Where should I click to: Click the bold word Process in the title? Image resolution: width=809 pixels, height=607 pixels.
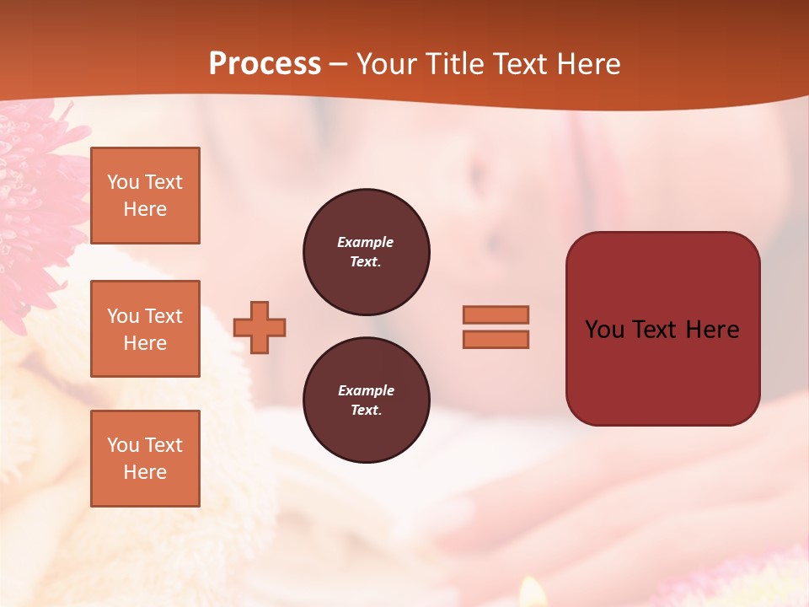point(265,64)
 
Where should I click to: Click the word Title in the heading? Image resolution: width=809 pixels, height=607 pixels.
point(455,64)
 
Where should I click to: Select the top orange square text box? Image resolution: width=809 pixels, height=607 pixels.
point(145,196)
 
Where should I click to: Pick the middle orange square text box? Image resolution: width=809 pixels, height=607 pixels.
point(145,329)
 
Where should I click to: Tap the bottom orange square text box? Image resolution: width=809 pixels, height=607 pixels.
point(145,459)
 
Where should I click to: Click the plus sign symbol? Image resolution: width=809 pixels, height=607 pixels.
point(260,327)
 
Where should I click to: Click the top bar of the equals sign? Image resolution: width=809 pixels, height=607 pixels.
point(496,314)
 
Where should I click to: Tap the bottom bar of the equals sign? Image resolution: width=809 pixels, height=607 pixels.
point(496,339)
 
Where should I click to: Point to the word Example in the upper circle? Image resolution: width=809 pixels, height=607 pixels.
point(366,242)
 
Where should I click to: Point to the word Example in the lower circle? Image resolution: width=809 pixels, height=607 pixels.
point(366,390)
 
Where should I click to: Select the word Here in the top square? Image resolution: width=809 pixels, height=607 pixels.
point(145,209)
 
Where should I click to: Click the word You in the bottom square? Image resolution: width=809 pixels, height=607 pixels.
point(123,445)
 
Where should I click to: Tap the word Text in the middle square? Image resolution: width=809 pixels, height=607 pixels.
point(163,316)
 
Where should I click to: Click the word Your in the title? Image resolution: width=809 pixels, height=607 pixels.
point(388,64)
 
